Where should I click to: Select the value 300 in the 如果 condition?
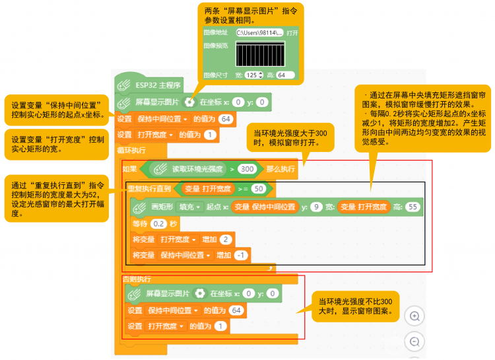click(247, 169)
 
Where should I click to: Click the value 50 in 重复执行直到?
click(258, 189)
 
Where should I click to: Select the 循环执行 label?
click(131, 150)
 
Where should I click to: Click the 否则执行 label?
click(137, 279)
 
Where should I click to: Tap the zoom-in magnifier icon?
click(414, 316)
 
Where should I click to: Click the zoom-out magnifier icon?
click(414, 342)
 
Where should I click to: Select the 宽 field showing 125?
click(253, 75)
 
